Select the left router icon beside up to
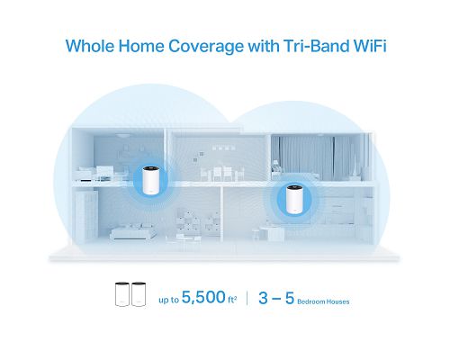tap(121, 295)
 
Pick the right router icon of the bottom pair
tap(139, 295)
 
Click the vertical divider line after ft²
tap(247, 295)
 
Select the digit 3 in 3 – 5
tap(264, 294)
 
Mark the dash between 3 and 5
tap(277, 294)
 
